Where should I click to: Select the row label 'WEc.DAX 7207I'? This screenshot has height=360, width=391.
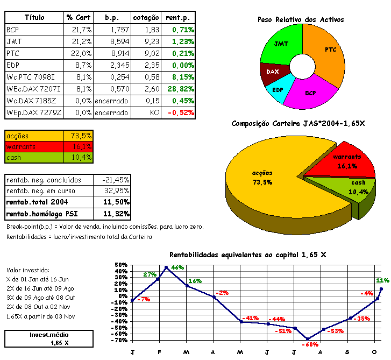click(x=33, y=89)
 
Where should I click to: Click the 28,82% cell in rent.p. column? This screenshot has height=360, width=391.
click(x=180, y=89)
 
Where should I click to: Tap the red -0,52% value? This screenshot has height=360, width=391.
click(x=181, y=113)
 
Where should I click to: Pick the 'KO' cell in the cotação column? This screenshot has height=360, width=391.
click(x=154, y=113)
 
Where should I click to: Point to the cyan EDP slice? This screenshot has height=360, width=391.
click(x=278, y=88)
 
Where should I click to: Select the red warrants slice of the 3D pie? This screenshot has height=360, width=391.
click(x=345, y=161)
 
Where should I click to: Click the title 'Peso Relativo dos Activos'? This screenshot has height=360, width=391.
click(x=301, y=20)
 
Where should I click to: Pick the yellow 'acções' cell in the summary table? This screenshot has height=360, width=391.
click(x=33, y=136)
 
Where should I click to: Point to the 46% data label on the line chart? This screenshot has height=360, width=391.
click(x=177, y=267)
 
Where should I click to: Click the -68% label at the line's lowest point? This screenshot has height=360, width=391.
click(x=309, y=344)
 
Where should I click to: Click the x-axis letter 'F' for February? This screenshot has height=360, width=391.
click(x=160, y=352)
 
